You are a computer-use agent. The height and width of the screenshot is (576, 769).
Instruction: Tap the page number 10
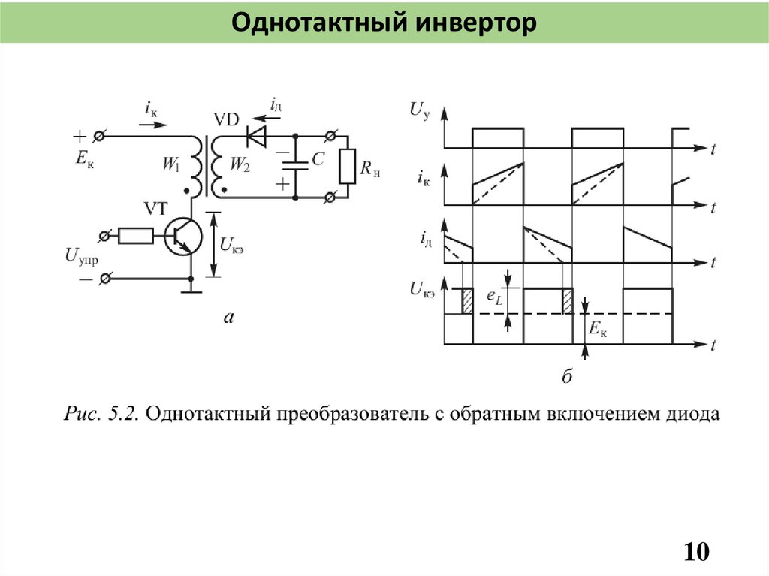[x=696, y=552]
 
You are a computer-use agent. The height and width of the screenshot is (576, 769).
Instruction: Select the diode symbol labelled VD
[x=257, y=137]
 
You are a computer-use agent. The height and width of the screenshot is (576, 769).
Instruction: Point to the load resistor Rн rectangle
[x=347, y=167]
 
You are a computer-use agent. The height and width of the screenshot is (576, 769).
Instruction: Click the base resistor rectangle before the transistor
[x=136, y=237]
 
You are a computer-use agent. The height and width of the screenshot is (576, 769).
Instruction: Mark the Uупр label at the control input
[x=82, y=257]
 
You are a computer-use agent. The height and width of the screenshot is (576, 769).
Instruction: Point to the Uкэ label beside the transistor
[x=237, y=243]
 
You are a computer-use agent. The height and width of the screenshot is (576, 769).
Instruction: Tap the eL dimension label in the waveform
[x=494, y=298]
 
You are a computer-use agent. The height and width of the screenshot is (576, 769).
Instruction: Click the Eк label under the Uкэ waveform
[x=599, y=329]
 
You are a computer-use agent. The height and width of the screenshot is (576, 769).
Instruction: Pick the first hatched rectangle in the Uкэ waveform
[x=466, y=301]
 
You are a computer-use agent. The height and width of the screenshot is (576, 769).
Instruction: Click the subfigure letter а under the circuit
[x=229, y=319]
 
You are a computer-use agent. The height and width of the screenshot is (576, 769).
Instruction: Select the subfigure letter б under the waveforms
[x=567, y=377]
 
